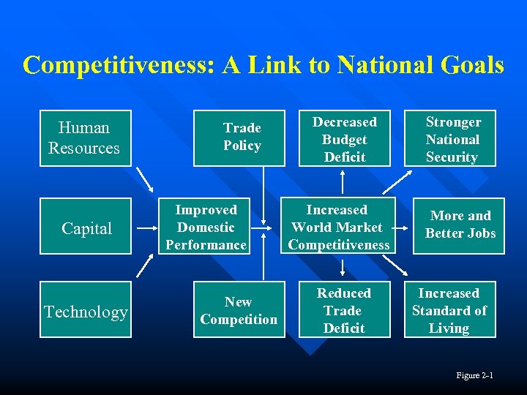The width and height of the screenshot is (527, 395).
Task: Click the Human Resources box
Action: [85, 138]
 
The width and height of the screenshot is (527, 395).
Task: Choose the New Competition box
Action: [239, 309]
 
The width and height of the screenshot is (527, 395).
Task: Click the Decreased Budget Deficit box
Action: [344, 138]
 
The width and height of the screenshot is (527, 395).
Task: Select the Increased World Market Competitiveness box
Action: [338, 226]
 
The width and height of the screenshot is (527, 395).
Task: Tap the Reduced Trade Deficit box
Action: [344, 309]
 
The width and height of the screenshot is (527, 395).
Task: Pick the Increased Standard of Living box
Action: [450, 309]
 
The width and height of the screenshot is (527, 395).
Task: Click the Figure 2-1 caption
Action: [474, 375]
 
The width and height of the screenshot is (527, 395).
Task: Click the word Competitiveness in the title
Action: [116, 66]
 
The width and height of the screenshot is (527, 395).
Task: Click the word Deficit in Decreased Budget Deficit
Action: [344, 157]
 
